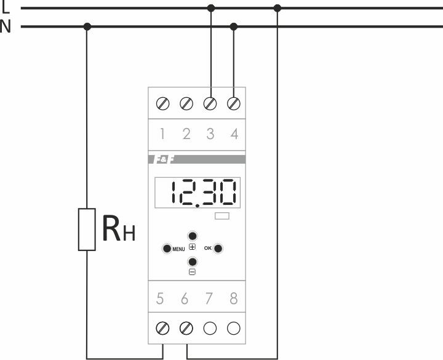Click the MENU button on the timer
click(167, 249)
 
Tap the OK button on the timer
click(218, 249)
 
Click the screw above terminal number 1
click(163, 103)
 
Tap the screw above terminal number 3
click(210, 103)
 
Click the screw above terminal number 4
click(234, 103)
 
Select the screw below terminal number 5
click(163, 327)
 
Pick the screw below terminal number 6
click(186, 327)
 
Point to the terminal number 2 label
click(186, 134)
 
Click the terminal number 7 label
click(210, 299)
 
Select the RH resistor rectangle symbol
click(87, 230)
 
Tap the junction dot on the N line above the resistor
click(87, 26)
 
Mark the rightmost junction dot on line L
click(277, 8)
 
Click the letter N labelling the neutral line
click(6, 27)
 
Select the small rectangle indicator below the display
click(222, 217)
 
